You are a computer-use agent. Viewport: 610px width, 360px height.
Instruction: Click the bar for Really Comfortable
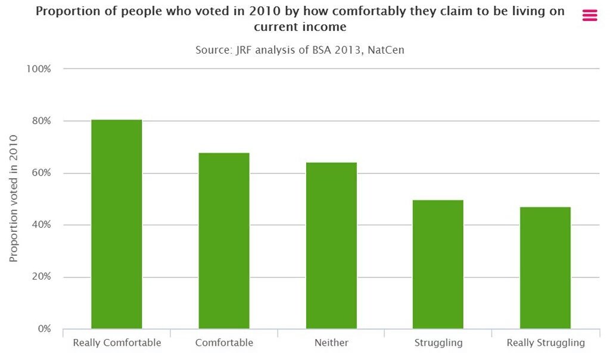coord(117,224)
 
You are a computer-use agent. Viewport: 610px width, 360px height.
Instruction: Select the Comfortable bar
coord(224,241)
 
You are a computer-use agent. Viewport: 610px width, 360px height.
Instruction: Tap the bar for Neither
coord(331,246)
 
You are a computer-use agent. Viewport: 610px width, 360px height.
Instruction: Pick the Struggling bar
coord(438,264)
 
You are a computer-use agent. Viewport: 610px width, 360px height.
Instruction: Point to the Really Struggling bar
coord(545,268)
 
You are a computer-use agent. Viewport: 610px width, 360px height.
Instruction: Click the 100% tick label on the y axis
coord(39,69)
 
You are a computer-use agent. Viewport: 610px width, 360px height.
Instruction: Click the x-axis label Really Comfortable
coord(117,343)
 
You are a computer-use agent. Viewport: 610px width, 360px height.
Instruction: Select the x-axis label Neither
coord(331,343)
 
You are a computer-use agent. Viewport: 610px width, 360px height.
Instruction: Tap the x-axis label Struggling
coord(438,343)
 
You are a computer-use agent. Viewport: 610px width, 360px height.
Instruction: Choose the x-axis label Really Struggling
coord(545,343)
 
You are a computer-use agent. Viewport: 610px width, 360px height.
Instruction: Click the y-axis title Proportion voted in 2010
coord(14,198)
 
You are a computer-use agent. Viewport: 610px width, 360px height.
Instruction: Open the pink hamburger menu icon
coord(589,16)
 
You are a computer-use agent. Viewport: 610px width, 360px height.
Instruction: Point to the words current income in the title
coord(300,27)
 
